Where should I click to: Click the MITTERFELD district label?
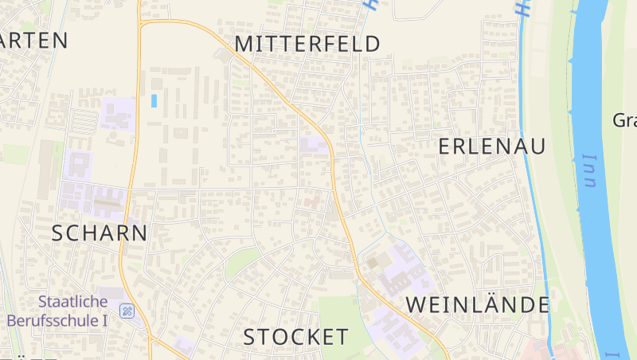pyautogui.click(x=307, y=44)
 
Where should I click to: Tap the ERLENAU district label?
pyautogui.click(x=493, y=147)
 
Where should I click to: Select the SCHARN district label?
pyautogui.click(x=100, y=233)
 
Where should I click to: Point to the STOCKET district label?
pyautogui.click(x=295, y=337)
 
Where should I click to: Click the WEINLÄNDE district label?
pyautogui.click(x=478, y=305)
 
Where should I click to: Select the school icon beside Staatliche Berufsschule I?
pyautogui.click(x=127, y=311)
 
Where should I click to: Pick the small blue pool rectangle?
pyautogui.click(x=154, y=101)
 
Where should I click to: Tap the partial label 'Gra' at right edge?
pyautogui.click(x=624, y=121)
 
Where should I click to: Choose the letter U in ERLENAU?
pyautogui.click(x=538, y=147)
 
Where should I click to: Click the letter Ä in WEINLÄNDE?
pyautogui.click(x=494, y=304)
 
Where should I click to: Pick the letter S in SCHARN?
pyautogui.click(x=58, y=233)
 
